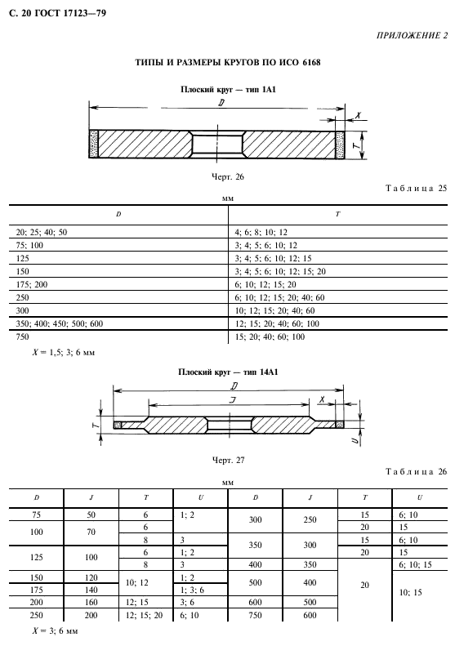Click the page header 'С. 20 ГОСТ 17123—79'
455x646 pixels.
(x=57, y=13)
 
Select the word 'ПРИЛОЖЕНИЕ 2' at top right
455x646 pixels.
(x=412, y=35)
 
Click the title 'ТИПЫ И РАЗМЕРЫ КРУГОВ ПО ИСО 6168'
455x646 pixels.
(x=228, y=63)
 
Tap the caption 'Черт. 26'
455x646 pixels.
(x=228, y=176)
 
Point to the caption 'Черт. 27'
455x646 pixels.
(x=228, y=460)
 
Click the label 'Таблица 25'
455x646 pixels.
(x=417, y=189)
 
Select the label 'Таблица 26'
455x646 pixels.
(x=417, y=471)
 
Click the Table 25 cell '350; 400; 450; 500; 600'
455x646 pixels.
(x=60, y=323)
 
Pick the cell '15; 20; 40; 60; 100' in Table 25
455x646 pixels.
(x=270, y=336)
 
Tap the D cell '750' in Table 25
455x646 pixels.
(x=22, y=336)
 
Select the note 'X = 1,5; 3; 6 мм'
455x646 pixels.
(x=64, y=353)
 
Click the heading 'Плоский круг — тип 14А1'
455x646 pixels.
(x=228, y=372)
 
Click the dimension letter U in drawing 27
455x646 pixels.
(x=355, y=440)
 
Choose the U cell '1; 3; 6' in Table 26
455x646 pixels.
(x=193, y=590)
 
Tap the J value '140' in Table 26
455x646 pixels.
(x=91, y=590)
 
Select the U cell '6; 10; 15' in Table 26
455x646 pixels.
(x=415, y=564)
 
